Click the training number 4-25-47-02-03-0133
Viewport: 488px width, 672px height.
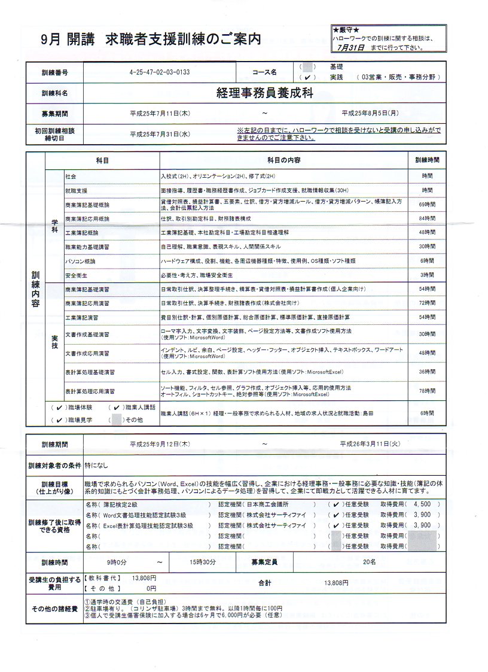point(159,72)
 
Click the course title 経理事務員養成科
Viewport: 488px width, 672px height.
point(264,93)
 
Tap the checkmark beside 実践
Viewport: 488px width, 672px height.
point(306,78)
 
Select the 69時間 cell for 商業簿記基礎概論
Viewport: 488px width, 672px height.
point(427,204)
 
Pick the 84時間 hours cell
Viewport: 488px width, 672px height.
point(427,218)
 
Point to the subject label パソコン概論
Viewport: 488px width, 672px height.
point(80,261)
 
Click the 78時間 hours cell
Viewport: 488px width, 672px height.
point(427,391)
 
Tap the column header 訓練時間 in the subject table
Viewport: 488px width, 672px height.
point(427,161)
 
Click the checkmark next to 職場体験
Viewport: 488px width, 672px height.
point(59,408)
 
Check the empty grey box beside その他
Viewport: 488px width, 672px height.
point(116,419)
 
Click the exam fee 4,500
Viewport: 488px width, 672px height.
point(422,504)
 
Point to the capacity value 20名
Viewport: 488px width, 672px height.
point(369,562)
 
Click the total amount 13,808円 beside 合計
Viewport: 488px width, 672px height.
point(335,583)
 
